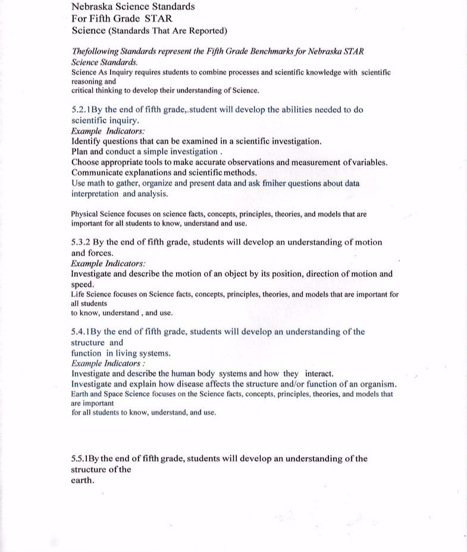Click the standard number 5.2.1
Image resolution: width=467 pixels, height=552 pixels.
click(81, 110)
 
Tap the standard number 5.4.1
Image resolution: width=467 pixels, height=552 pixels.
click(81, 332)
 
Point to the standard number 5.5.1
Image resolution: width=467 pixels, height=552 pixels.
click(81, 459)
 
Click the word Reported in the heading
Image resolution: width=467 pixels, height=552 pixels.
click(203, 30)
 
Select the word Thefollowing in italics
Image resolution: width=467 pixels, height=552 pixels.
click(95, 52)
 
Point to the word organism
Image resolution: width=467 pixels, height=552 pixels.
click(374, 384)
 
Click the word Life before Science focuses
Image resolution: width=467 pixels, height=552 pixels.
click(78, 295)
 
